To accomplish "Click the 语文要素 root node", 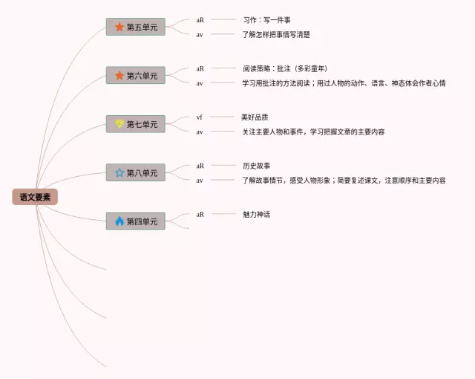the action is click(35, 197).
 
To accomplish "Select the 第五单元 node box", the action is click(135, 27).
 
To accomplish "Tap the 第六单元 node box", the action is click(135, 76).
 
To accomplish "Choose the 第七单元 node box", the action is click(135, 124).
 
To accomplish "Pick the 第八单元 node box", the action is click(135, 172).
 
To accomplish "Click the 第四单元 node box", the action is click(135, 221).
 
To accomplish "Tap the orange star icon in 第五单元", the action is click(119, 27).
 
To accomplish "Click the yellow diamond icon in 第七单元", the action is click(119, 124).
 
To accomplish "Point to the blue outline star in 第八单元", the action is click(119, 172).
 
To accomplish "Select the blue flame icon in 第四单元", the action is click(119, 221).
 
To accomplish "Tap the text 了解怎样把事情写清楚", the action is click(276, 34).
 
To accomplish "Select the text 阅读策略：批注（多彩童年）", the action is click(286, 68).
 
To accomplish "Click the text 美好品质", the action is click(255, 117).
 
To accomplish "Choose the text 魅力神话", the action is click(256, 214).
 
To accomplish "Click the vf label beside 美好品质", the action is click(200, 117).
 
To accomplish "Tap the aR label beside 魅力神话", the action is click(200, 214).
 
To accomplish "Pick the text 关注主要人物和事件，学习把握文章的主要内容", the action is click(313, 132).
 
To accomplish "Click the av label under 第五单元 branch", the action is click(200, 34).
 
